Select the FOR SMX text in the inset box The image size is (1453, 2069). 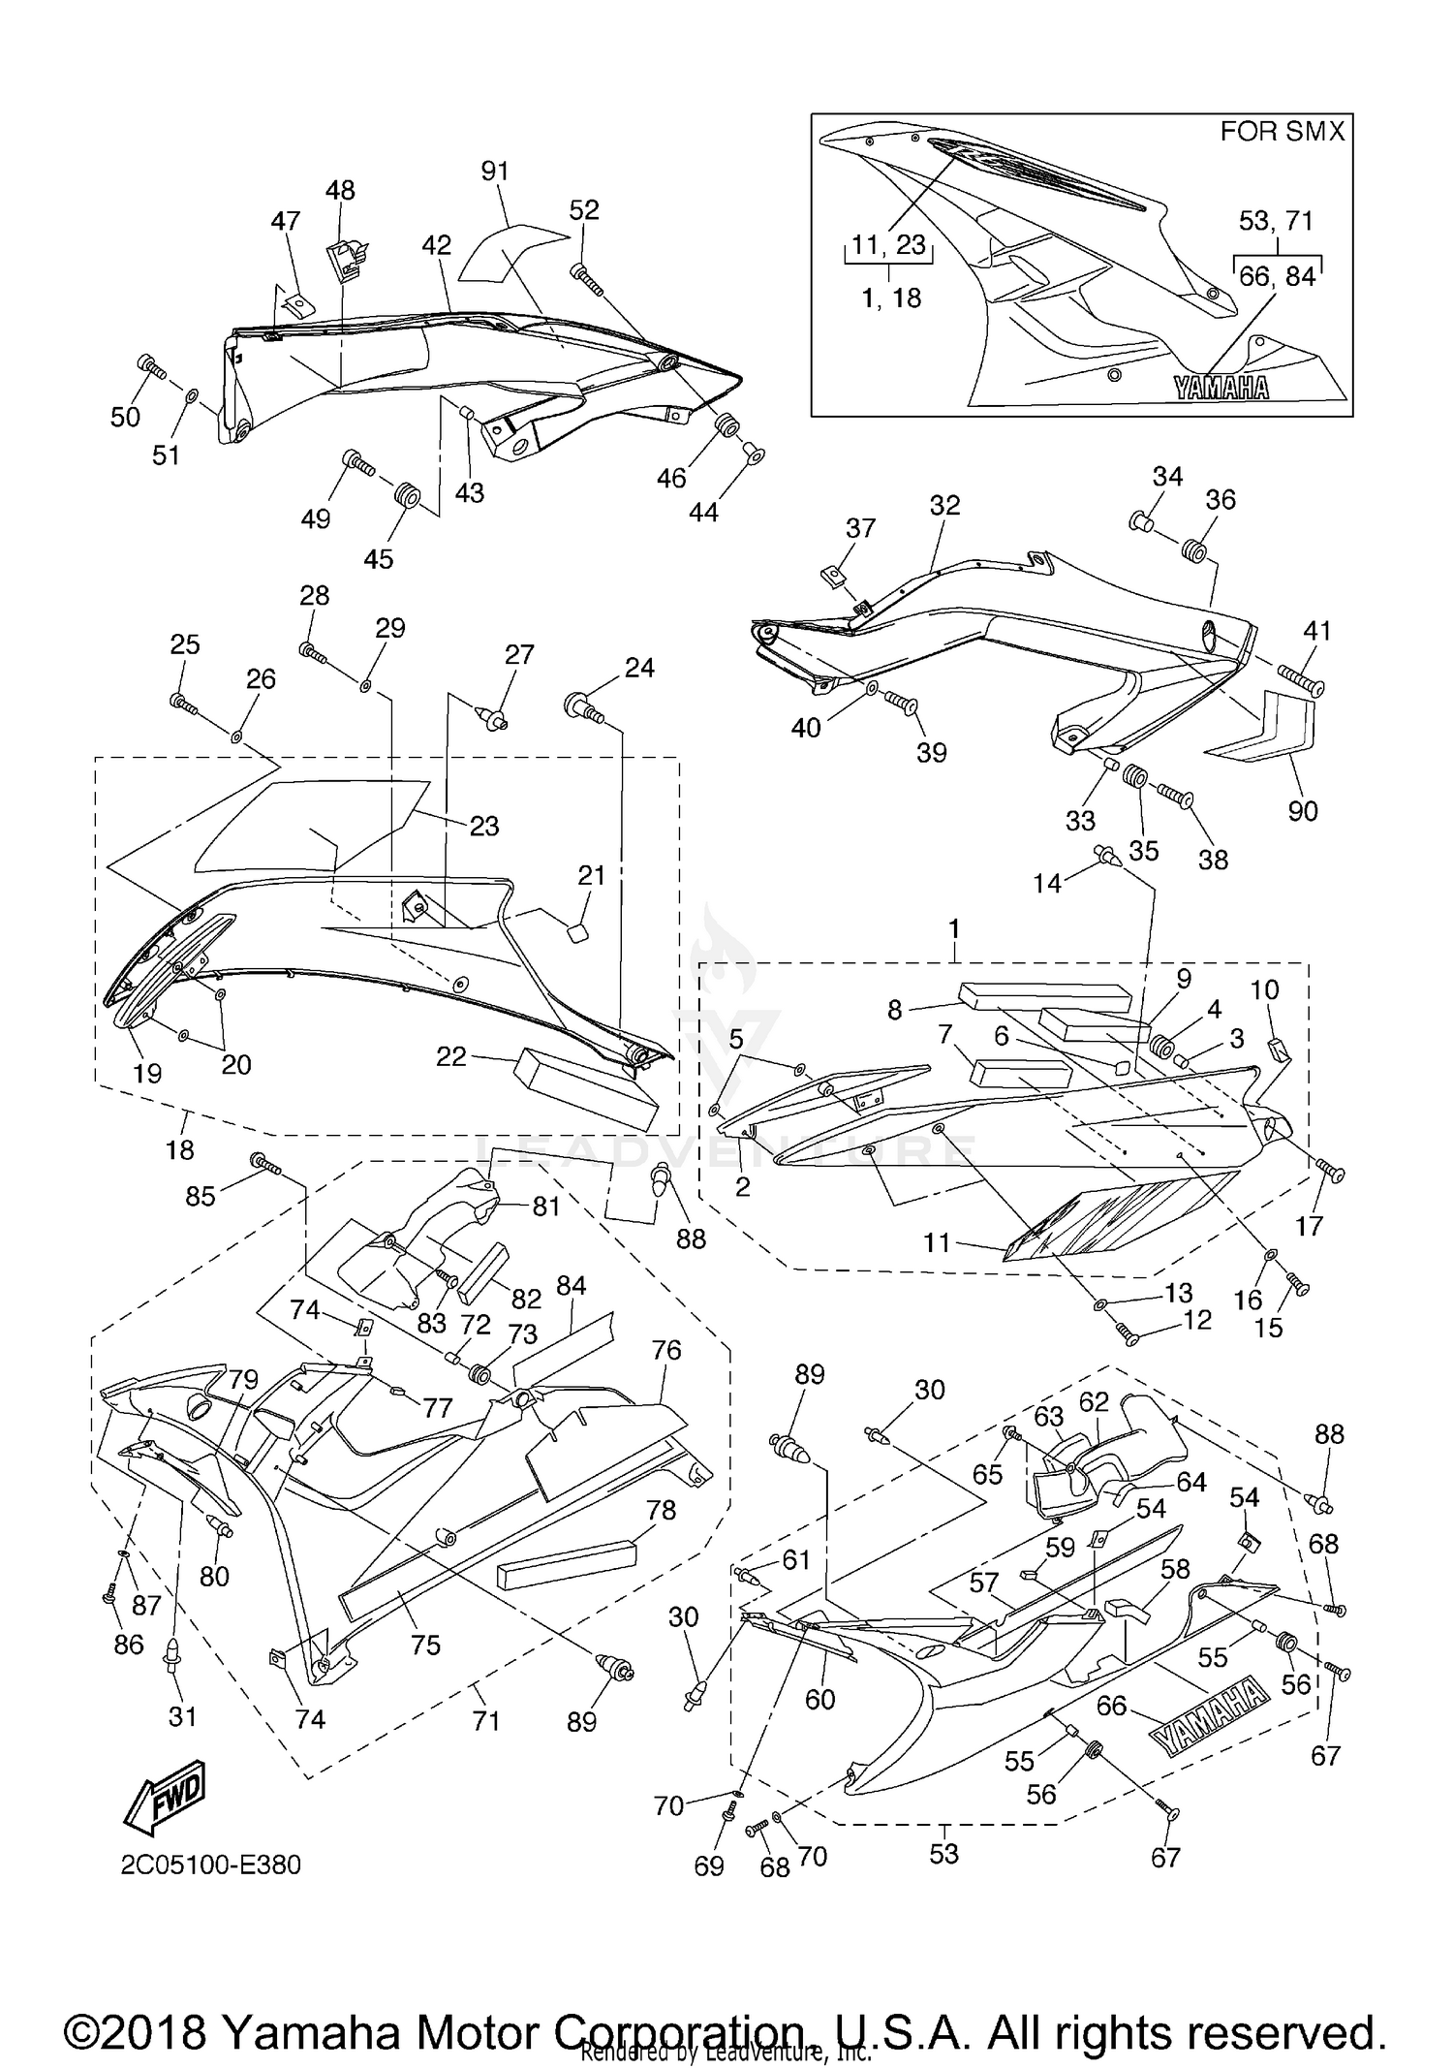[1282, 132]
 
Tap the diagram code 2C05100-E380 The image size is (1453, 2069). [210, 1865]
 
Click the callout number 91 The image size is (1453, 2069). [495, 172]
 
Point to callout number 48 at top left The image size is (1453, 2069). [340, 190]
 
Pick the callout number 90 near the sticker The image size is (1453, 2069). [1302, 811]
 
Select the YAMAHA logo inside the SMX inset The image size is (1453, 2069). [1221, 388]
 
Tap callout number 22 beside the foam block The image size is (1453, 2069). [451, 1056]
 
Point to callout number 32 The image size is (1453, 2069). [944, 505]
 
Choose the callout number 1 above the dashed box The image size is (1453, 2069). [954, 928]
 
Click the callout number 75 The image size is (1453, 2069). [425, 1645]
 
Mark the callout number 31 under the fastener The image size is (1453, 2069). [182, 1716]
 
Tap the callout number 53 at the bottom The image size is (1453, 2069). [943, 1853]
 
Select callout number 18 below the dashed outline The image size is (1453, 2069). [180, 1149]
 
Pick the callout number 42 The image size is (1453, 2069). [437, 245]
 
